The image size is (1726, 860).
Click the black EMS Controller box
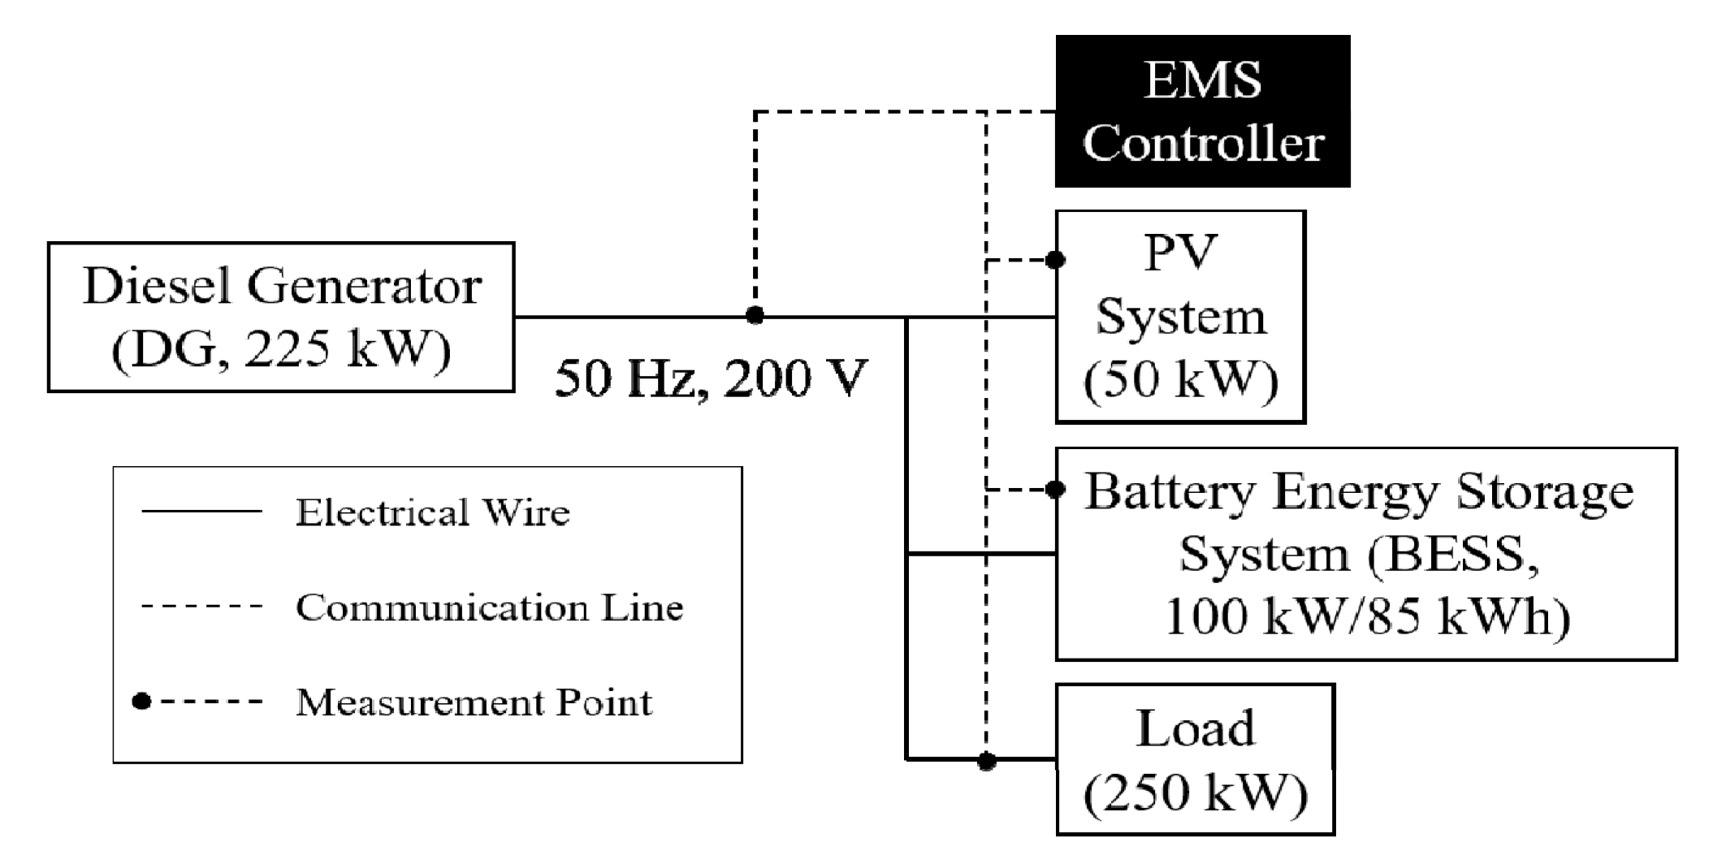(x=1202, y=110)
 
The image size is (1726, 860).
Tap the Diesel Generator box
(x=281, y=317)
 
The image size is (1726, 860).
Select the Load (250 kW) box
(x=1195, y=759)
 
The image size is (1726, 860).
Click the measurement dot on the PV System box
(x=1055, y=260)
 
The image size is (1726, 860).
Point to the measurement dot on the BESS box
(x=1055, y=490)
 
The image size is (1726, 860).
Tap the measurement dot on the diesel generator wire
(x=755, y=316)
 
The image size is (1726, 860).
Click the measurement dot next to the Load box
(x=986, y=761)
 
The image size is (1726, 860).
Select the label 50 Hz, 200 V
(x=712, y=379)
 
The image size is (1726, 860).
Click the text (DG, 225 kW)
(x=281, y=350)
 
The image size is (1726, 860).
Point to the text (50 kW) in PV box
(x=1181, y=379)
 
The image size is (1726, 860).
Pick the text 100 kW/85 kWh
(x=1367, y=616)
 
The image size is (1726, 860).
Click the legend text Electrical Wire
(x=432, y=512)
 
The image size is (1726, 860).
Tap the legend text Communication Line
(x=489, y=607)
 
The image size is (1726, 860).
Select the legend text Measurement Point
(x=474, y=702)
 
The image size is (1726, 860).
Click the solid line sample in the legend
(x=201, y=512)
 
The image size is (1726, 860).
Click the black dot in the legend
(x=142, y=701)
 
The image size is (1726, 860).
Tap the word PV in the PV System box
(x=1180, y=252)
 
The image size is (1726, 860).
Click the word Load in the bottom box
(x=1195, y=728)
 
